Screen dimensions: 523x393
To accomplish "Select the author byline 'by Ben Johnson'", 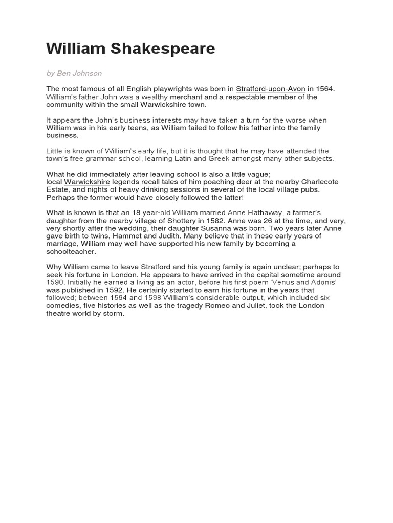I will pyautogui.click(x=74, y=73).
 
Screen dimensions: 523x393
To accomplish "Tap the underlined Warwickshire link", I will pyautogui.click(x=87, y=182).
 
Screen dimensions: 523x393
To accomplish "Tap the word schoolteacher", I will pyautogui.click(x=71, y=252).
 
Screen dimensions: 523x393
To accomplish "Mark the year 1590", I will pyautogui.click(x=55, y=282).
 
